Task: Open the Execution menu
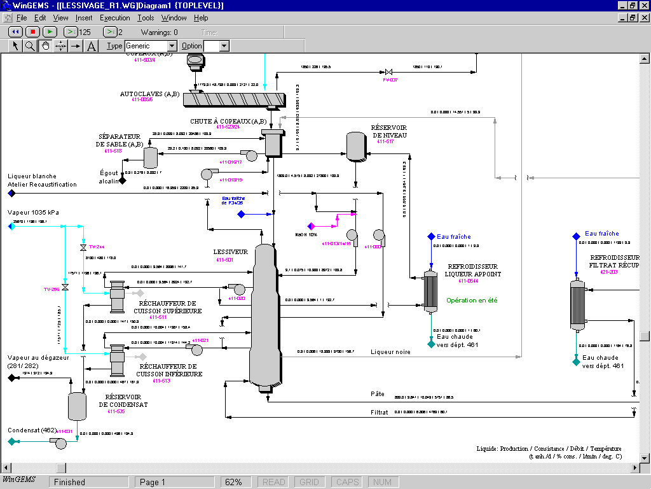114,18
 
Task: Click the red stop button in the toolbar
33,32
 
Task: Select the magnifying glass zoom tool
30,46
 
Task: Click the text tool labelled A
92,46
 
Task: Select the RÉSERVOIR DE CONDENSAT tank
77,406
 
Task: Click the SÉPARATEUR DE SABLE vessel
151,157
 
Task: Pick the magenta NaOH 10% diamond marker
312,226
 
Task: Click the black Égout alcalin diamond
123,181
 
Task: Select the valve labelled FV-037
389,72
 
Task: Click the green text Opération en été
472,301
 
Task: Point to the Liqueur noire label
390,351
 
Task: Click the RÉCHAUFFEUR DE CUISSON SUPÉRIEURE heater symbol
117,297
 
